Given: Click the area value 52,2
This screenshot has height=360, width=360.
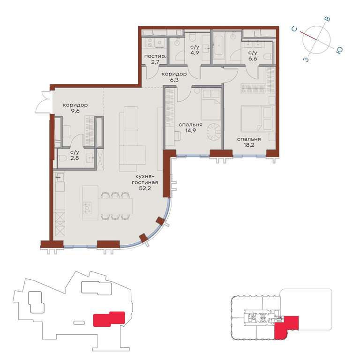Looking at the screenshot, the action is pyautogui.click(x=145, y=188).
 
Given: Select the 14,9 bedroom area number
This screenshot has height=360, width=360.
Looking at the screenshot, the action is pyautogui.click(x=191, y=131).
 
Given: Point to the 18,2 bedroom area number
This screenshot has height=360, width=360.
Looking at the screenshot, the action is pyautogui.click(x=249, y=145).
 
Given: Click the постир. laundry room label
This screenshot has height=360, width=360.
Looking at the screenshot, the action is pyautogui.click(x=155, y=56).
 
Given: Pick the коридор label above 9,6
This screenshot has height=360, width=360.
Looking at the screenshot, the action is pyautogui.click(x=75, y=105).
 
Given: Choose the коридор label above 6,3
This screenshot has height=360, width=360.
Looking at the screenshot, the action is pyautogui.click(x=174, y=74).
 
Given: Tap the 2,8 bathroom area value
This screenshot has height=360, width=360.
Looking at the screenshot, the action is pyautogui.click(x=75, y=158).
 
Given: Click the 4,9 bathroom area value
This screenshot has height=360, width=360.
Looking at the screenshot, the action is pyautogui.click(x=195, y=52).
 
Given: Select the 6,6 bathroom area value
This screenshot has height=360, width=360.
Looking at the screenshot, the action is pyautogui.click(x=253, y=59).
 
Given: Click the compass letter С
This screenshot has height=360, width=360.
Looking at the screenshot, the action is pyautogui.click(x=294, y=29).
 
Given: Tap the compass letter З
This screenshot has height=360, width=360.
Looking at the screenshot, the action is pyautogui.click(x=306, y=60).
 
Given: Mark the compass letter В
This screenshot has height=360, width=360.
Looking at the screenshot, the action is pyautogui.click(x=328, y=19).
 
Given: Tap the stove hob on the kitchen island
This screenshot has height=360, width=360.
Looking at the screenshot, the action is pyautogui.click(x=87, y=208).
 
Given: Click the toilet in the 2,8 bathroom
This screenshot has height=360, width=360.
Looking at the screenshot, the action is pyautogui.click(x=62, y=158).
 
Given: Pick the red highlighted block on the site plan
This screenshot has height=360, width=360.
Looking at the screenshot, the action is pyautogui.click(x=109, y=319).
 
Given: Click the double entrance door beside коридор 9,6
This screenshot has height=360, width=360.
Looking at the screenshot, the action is pyautogui.click(x=46, y=102).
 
